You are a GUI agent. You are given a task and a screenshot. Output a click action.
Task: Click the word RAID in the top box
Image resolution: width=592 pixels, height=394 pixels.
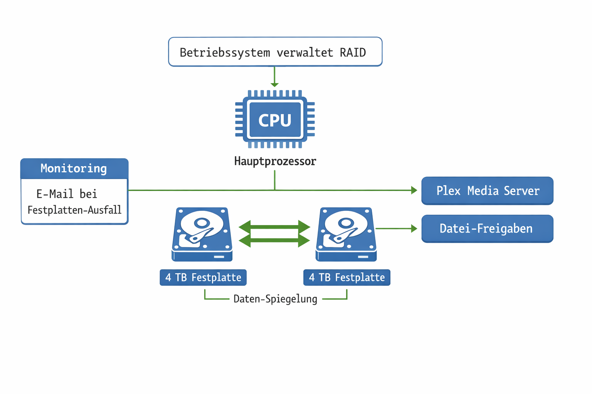click(x=352, y=52)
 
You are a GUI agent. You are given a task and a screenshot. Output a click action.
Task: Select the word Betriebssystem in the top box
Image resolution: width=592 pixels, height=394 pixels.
click(x=225, y=52)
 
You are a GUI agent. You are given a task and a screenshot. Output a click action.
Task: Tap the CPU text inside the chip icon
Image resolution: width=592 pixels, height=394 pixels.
click(x=275, y=120)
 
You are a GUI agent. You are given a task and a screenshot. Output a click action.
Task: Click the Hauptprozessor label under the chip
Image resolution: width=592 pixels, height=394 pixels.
click(x=275, y=161)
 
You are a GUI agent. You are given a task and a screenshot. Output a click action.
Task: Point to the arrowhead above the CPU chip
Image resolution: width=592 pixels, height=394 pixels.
click(x=274, y=84)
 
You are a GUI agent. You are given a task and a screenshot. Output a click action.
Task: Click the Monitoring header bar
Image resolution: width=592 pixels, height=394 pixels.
click(x=74, y=169)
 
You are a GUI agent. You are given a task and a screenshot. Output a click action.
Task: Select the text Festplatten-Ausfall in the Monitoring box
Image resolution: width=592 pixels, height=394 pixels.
click(x=74, y=210)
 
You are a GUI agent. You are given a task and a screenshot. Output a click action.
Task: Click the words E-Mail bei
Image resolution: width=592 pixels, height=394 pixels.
click(x=67, y=194)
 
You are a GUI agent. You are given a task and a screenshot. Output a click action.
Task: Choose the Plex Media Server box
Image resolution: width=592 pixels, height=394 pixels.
click(x=487, y=191)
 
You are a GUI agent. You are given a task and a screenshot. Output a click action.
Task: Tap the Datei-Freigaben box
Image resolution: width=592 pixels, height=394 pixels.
click(x=487, y=229)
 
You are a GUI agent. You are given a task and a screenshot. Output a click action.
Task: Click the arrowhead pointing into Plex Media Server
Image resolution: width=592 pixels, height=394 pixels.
click(x=414, y=190)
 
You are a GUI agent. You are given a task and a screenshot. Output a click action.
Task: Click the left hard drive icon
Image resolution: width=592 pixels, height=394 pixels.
click(x=202, y=234)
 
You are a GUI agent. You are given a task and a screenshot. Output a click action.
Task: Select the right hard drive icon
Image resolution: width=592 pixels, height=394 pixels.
click(x=346, y=234)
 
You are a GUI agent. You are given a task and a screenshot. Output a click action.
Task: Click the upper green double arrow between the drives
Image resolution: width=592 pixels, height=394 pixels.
click(x=274, y=227)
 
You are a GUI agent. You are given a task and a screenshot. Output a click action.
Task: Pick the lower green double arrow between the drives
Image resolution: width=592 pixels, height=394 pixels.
click(x=274, y=241)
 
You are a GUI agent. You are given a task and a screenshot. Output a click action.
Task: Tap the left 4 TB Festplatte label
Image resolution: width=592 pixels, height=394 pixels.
click(x=203, y=277)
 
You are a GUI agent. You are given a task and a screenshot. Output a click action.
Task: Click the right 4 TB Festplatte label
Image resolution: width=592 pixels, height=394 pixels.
click(x=346, y=277)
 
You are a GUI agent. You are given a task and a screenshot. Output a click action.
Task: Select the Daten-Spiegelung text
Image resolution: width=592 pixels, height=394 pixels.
click(x=275, y=299)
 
